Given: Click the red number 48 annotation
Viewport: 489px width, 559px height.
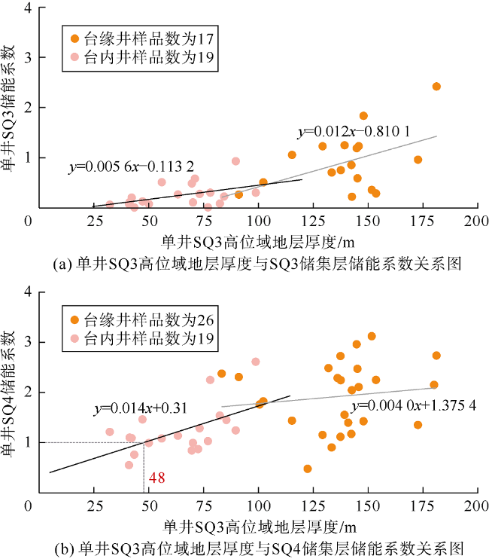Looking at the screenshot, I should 156,477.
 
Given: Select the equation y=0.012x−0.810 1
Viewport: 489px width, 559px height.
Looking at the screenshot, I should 354,132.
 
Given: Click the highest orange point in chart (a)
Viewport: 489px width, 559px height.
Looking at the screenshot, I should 436,87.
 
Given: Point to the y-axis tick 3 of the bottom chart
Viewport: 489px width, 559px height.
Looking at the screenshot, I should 28,342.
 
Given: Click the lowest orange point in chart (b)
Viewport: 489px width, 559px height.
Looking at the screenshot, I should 308,469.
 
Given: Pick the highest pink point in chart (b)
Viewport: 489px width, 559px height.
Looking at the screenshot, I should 256,362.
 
